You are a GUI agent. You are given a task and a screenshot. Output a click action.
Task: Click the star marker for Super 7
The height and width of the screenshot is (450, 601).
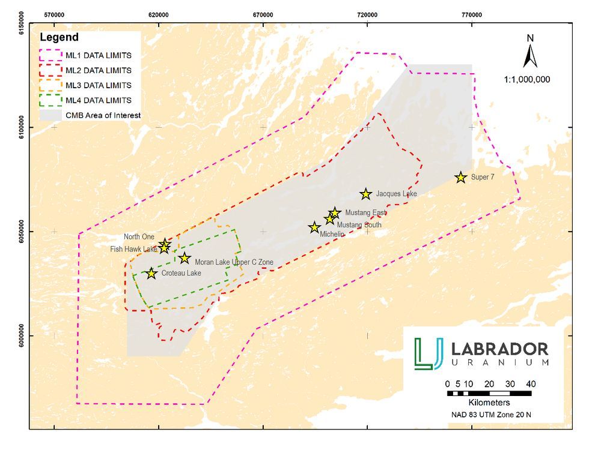(461, 177)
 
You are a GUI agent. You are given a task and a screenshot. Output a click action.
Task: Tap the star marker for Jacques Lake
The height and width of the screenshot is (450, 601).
(366, 194)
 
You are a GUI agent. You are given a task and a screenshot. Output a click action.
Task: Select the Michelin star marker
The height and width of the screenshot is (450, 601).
(314, 227)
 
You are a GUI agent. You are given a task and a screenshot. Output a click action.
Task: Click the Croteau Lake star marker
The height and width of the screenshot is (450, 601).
(151, 273)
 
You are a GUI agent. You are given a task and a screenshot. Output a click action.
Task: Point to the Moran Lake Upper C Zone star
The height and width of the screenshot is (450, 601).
(185, 258)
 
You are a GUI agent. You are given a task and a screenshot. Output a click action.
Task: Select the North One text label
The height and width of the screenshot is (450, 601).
(139, 237)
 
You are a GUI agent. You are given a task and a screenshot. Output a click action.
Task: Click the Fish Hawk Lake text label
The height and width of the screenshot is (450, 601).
(133, 249)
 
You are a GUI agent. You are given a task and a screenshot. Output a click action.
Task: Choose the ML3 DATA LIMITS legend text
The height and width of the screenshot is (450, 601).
(98, 85)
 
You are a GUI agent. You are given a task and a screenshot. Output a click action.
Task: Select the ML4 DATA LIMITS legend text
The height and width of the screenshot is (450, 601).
(98, 100)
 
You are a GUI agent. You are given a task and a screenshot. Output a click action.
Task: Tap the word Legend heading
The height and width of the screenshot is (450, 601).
(59, 38)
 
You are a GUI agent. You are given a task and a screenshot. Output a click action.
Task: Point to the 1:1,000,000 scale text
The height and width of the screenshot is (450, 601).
(526, 79)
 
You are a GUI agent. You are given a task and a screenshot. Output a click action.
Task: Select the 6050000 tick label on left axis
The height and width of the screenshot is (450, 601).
(22, 232)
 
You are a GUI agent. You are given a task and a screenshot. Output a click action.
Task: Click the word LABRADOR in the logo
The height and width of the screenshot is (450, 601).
(499, 349)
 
